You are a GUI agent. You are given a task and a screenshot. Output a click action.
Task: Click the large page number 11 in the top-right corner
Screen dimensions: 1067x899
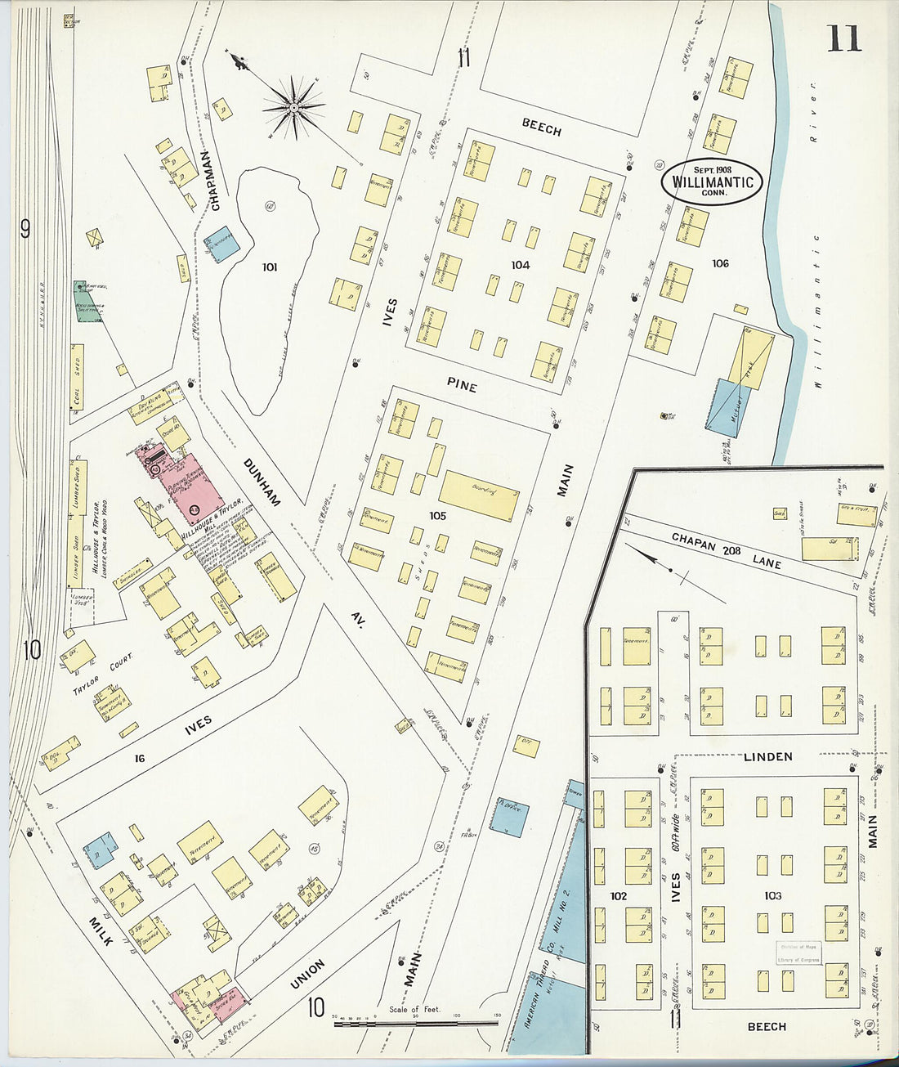843,38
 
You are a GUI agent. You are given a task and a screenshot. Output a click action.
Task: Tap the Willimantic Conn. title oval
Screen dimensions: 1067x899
712,182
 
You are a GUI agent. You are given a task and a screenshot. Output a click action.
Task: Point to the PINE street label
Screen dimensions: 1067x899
461,384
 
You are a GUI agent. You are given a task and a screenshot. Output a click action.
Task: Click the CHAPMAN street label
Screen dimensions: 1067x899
215,182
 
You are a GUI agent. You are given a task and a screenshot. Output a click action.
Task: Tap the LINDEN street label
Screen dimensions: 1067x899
767,756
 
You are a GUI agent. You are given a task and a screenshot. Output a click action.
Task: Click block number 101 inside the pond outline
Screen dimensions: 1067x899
270,267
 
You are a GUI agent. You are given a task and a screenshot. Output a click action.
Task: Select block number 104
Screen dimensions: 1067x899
520,265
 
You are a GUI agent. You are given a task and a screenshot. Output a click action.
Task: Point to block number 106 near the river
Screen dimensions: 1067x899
719,263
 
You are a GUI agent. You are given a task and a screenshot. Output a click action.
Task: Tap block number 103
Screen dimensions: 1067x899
772,896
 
